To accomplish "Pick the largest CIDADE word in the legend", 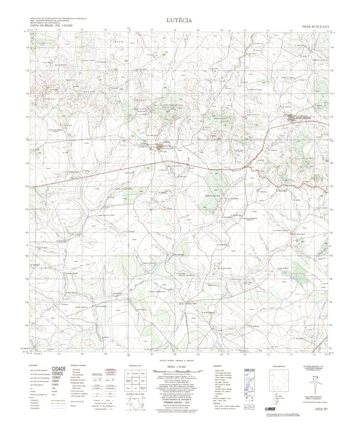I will [59, 369].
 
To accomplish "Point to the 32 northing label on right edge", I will [331, 117].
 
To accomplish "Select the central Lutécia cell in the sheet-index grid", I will [136, 381].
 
